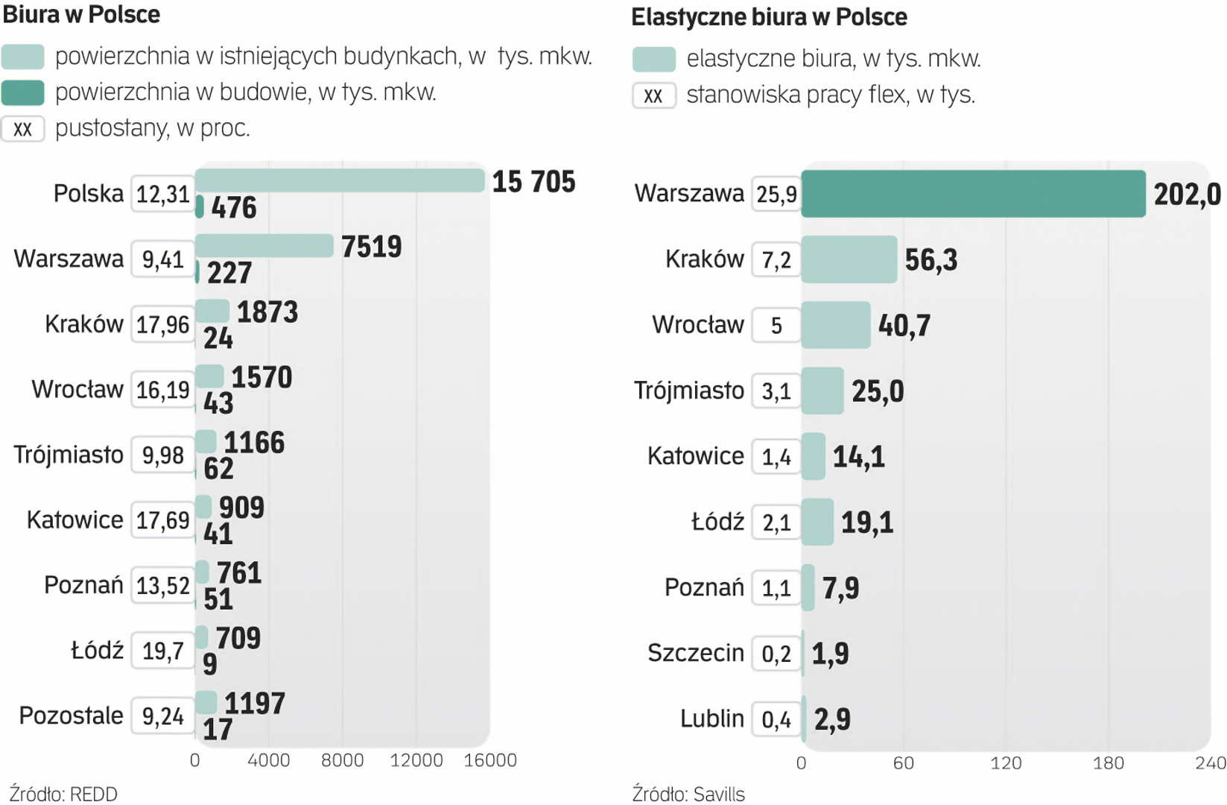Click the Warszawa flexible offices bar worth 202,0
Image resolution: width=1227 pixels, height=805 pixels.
point(973,194)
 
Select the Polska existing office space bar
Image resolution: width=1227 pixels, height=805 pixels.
point(340,180)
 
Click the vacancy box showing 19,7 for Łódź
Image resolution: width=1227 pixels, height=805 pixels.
point(163,651)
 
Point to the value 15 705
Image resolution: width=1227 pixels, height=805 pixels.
point(533,182)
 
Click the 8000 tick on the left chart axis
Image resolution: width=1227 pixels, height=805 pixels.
point(342,760)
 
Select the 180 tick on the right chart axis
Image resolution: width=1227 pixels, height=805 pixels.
point(1108,763)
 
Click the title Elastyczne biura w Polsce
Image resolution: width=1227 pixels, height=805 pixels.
point(769,17)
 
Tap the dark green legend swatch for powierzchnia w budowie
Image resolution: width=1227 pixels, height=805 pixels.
point(23,92)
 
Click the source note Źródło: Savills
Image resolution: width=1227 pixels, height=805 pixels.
point(688,794)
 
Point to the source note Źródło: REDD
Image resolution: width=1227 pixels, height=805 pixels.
point(63,794)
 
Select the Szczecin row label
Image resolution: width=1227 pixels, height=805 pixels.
point(695,653)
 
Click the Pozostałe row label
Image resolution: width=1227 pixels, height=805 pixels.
point(71,716)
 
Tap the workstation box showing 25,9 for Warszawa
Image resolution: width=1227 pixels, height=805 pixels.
point(776,195)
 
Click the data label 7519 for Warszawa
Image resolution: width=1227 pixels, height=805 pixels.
point(371,247)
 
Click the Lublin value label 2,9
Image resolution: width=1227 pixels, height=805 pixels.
point(832,719)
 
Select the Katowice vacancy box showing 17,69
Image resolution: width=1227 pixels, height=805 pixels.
point(163,520)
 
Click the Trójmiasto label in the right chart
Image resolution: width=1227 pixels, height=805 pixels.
point(688,391)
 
